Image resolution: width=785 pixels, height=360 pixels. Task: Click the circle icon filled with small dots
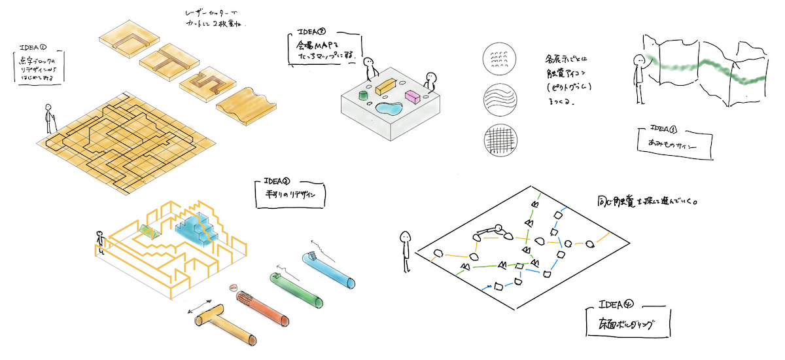[500, 60]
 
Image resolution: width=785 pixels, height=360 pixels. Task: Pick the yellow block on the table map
[387, 86]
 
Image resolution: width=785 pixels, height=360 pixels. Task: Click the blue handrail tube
[331, 270]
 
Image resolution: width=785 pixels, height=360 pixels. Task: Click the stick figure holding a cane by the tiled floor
[48, 119]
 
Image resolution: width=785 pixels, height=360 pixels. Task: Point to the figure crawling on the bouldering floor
[489, 232]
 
